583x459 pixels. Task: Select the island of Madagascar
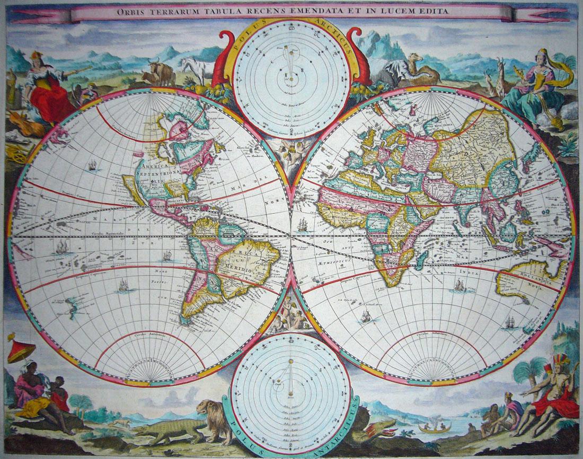[423, 259]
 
